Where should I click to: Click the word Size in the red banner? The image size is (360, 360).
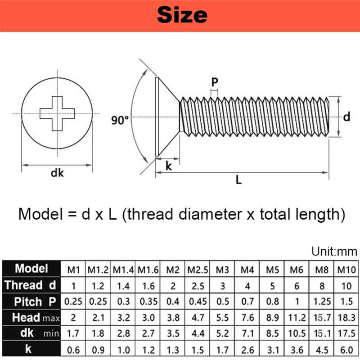coord(182,15)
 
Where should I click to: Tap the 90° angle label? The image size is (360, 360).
coord(120,120)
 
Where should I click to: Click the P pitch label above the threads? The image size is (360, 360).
coord(215,82)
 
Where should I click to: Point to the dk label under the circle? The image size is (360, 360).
coord(57,173)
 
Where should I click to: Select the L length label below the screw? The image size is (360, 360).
coord(238,180)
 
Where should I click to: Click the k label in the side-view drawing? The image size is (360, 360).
coord(169,166)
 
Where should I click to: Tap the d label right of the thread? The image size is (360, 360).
coord(346,117)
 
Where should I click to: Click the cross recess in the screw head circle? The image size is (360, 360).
coord(57,113)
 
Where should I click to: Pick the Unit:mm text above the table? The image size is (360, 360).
coord(334,251)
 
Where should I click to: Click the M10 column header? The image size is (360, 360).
coord(346,270)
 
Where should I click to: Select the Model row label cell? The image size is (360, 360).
coord(31,269)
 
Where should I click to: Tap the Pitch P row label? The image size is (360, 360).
coord(31,301)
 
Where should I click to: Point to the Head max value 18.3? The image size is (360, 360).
coord(346,318)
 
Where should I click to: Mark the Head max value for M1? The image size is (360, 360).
coord(73,318)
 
